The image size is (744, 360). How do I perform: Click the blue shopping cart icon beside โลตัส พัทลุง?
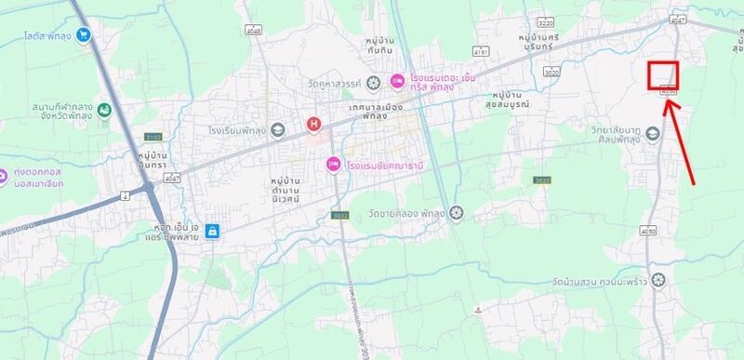[x=86, y=35]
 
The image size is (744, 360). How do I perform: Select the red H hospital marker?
[x=314, y=124]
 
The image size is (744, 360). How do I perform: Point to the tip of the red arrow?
[x=667, y=97]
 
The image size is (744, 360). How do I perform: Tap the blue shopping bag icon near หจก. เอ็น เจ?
[x=214, y=230]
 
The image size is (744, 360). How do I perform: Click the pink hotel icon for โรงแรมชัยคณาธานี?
[x=332, y=165]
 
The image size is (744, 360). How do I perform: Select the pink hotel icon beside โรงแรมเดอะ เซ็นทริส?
[x=397, y=83]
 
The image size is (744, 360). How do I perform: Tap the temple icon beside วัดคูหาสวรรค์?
[x=373, y=84]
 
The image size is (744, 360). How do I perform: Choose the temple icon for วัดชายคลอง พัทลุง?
[x=456, y=213]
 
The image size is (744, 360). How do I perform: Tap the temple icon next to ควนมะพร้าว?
[x=659, y=279]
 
